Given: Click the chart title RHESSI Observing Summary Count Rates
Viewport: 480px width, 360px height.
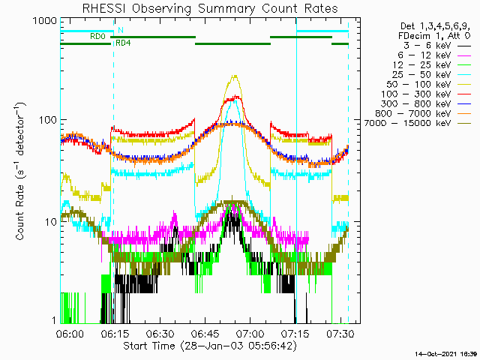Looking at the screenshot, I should click(x=209, y=8).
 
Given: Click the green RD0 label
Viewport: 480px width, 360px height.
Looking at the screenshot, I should click(x=97, y=36).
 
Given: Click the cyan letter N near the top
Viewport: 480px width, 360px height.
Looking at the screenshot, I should click(x=120, y=30).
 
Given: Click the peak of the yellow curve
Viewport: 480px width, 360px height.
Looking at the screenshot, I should click(x=235, y=76).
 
